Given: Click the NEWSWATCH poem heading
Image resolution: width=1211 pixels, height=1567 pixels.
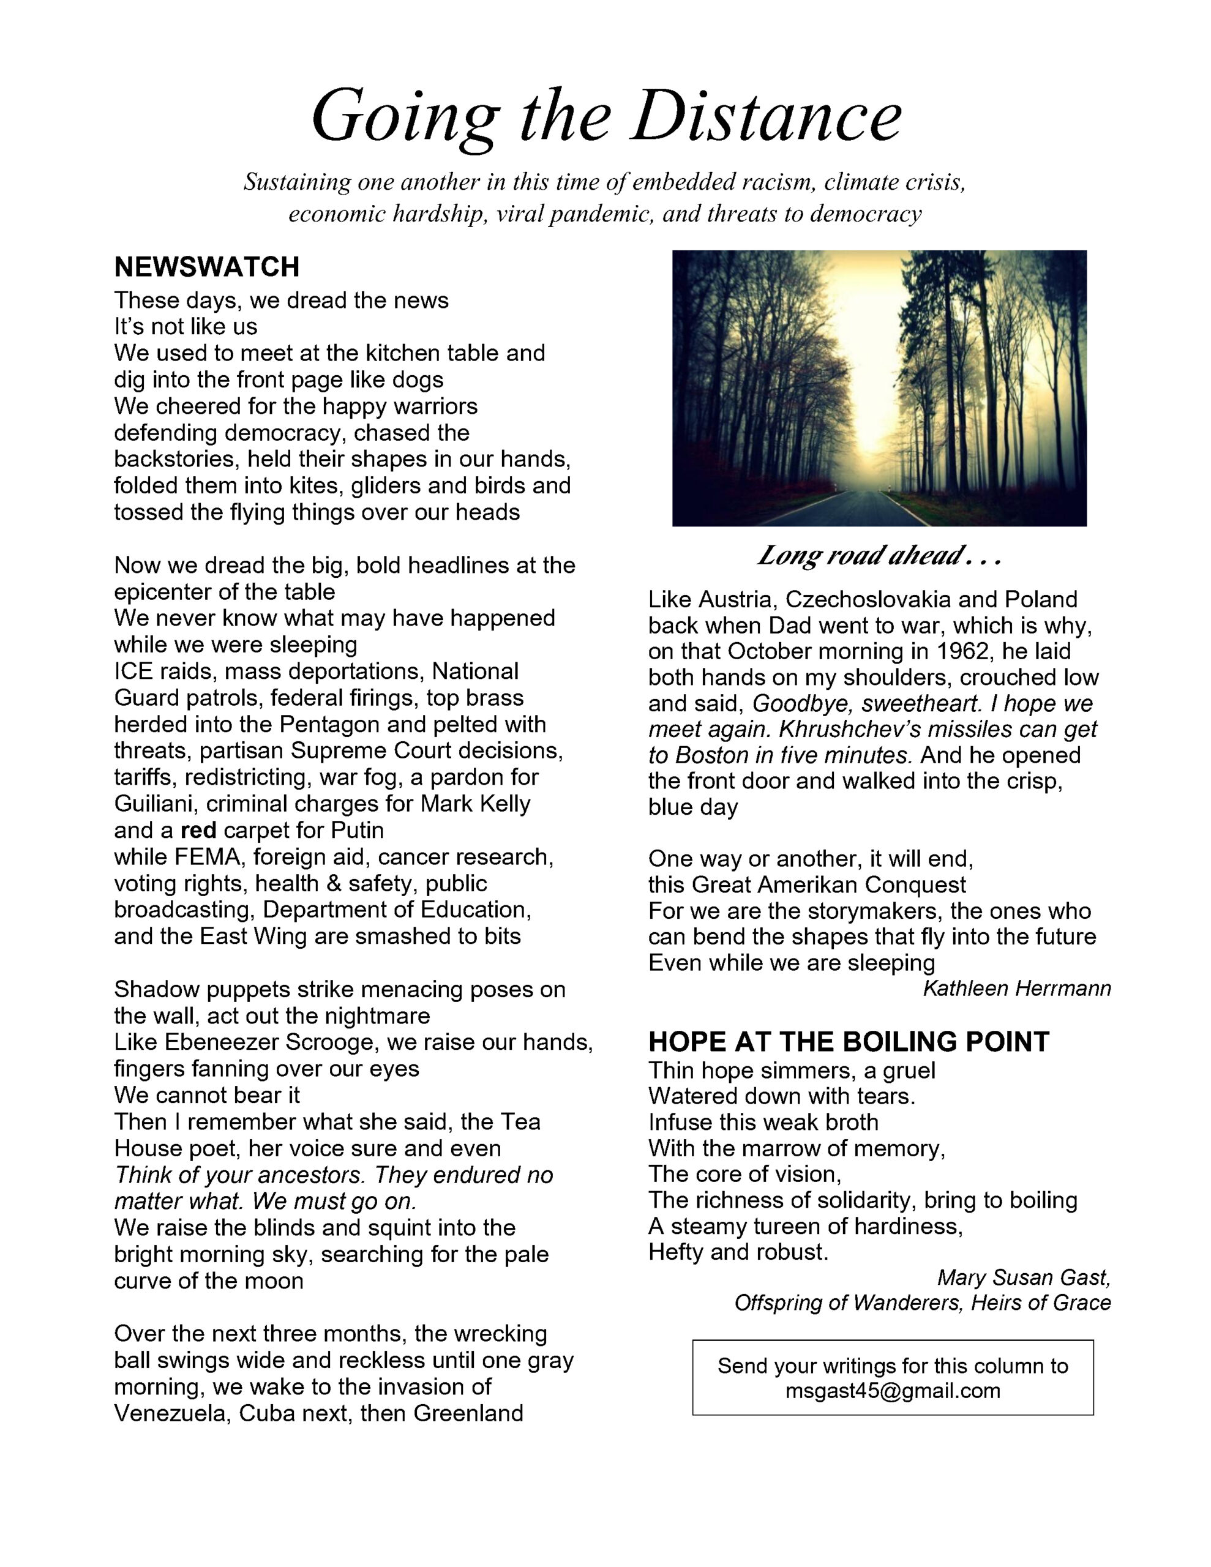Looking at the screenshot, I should (207, 267).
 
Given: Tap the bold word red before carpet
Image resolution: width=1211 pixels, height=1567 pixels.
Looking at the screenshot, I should (198, 830).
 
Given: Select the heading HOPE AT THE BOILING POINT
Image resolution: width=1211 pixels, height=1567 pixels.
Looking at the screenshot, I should (849, 1041).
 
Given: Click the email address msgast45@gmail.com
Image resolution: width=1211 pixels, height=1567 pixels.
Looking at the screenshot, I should (892, 1391).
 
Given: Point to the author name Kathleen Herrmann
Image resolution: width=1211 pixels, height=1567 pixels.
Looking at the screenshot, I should (1016, 989).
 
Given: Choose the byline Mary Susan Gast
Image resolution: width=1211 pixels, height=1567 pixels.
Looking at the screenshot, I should (1024, 1277).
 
